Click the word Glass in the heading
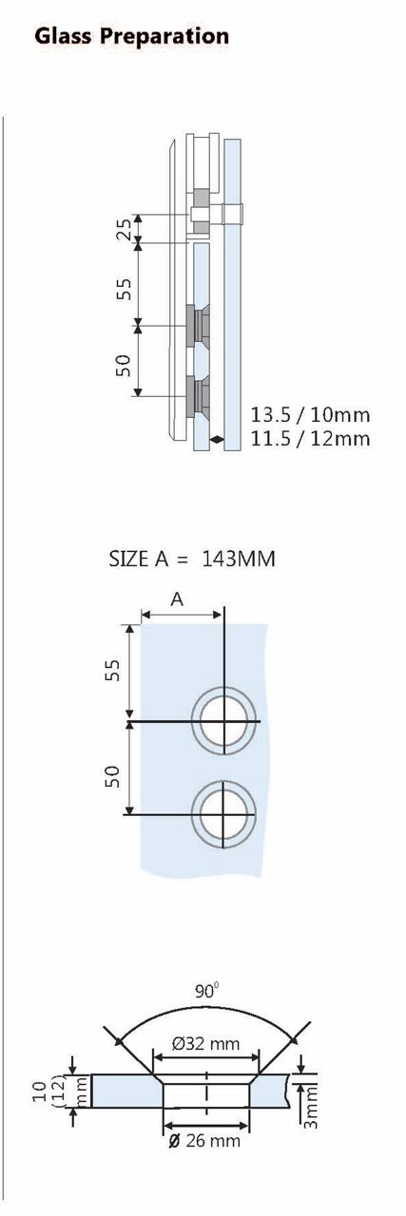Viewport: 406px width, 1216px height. pos(63,36)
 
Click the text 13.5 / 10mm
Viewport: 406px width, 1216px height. pos(310,414)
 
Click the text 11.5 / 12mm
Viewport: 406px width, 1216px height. pos(310,438)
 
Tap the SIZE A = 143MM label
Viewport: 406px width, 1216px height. pos(192,559)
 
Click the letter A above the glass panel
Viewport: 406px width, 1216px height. pos(177,598)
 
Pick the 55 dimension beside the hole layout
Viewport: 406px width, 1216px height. pos(111,671)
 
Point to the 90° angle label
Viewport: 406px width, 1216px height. pos(206,990)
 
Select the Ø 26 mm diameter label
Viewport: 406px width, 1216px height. pos(205,1140)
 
